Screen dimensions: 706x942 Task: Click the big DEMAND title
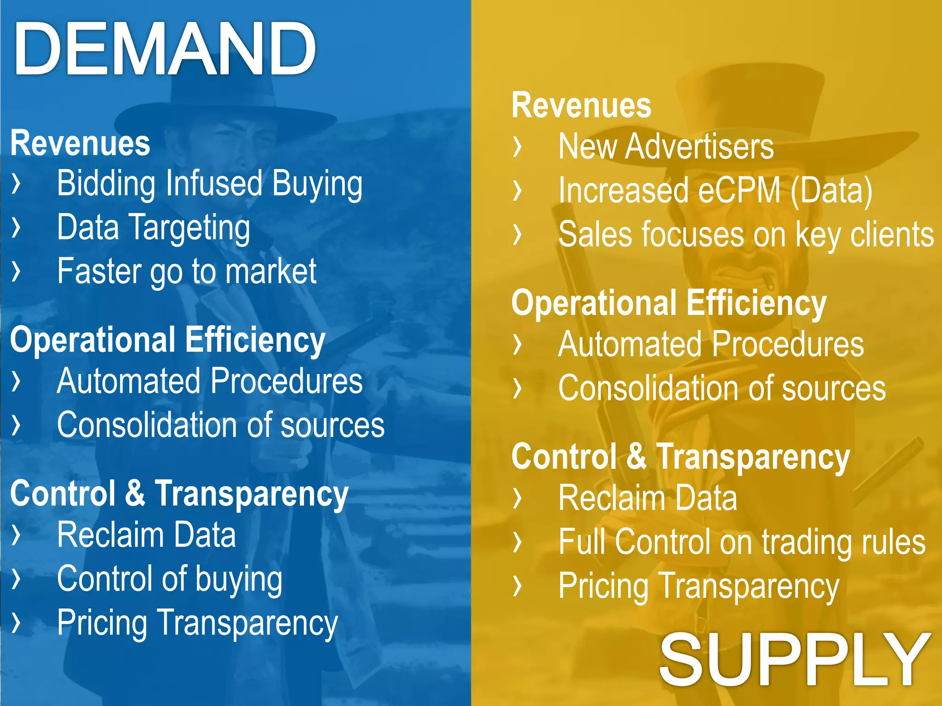(165, 49)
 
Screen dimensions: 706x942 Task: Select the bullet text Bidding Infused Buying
(209, 184)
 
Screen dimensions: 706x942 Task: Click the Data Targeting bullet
(153, 228)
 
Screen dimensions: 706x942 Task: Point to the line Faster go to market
(186, 271)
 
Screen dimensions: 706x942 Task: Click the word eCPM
(739, 190)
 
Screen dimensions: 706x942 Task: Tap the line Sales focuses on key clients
(746, 234)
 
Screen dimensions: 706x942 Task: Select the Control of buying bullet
(169, 579)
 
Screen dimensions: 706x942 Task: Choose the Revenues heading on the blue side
(80, 143)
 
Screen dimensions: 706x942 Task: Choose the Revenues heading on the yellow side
(581, 106)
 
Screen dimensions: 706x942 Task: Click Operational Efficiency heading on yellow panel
(668, 303)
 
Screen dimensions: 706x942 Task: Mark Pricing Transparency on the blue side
(197, 623)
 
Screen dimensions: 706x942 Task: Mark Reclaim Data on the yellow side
(647, 498)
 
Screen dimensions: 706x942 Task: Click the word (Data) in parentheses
(831, 190)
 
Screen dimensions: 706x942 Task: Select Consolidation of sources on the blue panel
(220, 425)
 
